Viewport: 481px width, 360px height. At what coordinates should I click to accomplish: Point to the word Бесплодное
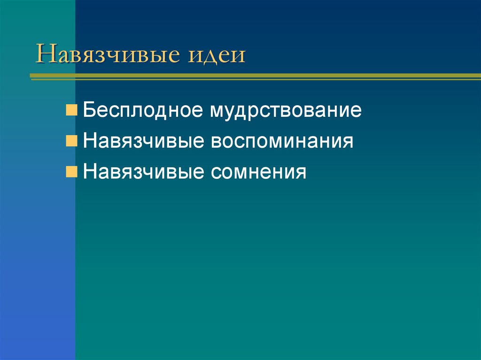[143, 111]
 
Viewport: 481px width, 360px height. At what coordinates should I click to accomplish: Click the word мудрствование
[286, 112]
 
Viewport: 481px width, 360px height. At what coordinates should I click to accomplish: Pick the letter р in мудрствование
[254, 113]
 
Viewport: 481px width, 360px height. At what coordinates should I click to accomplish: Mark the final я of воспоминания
[348, 142]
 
